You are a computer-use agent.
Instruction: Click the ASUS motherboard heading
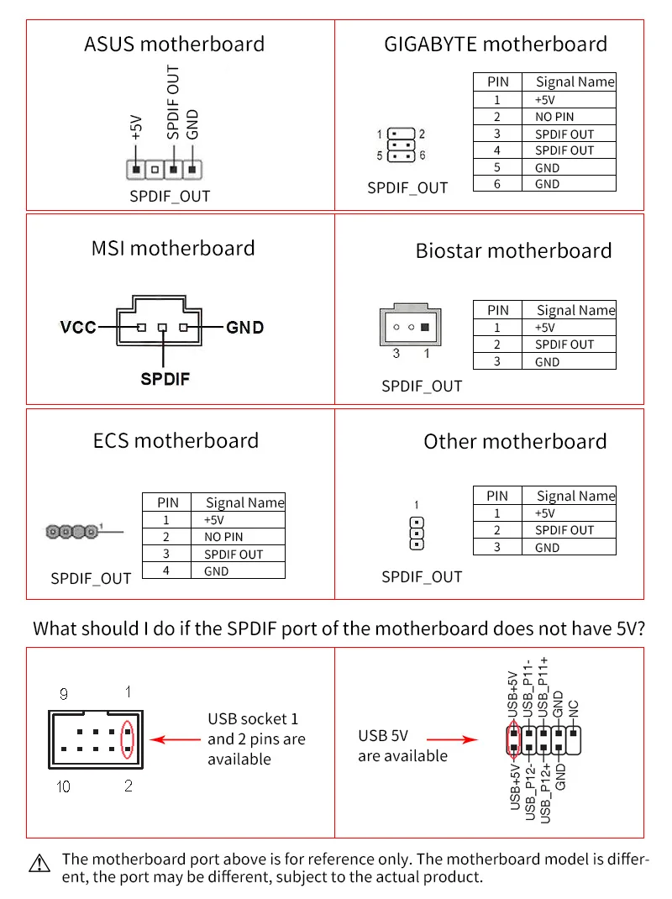[174, 44]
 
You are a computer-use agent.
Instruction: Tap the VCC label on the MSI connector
[77, 327]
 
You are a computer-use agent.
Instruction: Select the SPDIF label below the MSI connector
[165, 379]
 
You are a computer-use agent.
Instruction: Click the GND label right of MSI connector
[245, 327]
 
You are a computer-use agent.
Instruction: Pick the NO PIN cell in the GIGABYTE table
[554, 117]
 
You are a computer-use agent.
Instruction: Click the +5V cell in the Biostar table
[544, 328]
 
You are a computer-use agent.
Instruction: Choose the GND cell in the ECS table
[216, 571]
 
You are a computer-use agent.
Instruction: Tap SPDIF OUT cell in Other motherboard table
[564, 530]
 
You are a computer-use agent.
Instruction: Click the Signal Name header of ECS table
[245, 502]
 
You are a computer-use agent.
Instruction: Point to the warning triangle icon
[39, 863]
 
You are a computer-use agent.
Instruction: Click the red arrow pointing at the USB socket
[174, 740]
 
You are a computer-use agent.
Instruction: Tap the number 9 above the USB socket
[64, 694]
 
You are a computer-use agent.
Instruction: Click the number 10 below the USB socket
[64, 787]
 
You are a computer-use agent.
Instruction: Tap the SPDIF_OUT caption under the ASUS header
[170, 197]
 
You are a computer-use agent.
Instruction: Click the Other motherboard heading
[514, 441]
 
